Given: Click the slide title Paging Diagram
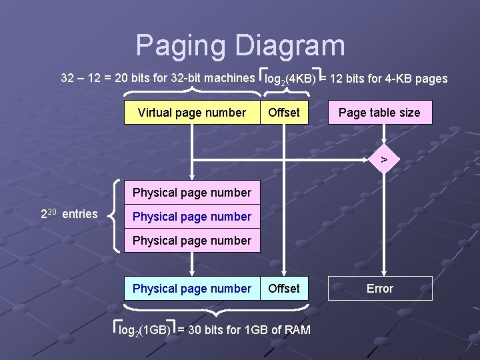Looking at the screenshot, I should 241,46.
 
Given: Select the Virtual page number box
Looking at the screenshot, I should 192,113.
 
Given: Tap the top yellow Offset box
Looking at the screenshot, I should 284,113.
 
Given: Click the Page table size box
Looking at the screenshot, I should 379,113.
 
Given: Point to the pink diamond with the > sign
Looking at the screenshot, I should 383,159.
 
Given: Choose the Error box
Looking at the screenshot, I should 380,289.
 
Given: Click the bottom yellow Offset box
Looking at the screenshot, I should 284,289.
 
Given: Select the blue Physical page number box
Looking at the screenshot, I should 192,289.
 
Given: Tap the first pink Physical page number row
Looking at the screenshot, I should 192,193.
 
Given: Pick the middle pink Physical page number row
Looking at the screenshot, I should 192,217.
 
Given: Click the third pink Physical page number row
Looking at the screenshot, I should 192,241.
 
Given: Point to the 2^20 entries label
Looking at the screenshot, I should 69,214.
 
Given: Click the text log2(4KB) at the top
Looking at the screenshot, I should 290,79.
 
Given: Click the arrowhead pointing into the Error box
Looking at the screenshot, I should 383,272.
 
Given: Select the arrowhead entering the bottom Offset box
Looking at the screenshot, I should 285,272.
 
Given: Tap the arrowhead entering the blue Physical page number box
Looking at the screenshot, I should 192,272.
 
